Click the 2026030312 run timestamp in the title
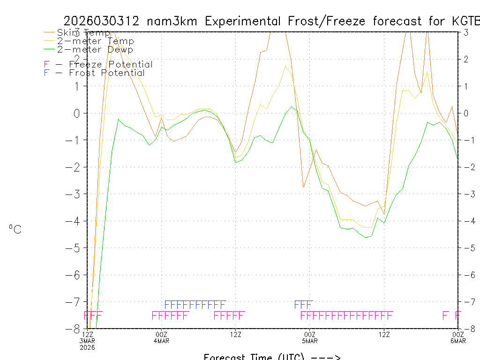click(x=101, y=21)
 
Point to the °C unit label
click(x=15, y=229)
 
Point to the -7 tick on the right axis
click(x=466, y=302)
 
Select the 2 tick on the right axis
click(x=465, y=59)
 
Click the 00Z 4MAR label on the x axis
click(x=162, y=337)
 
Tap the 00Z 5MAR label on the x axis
click(x=310, y=337)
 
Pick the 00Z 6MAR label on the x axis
click(x=458, y=337)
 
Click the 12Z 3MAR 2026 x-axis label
click(x=88, y=340)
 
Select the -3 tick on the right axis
click(x=466, y=194)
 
